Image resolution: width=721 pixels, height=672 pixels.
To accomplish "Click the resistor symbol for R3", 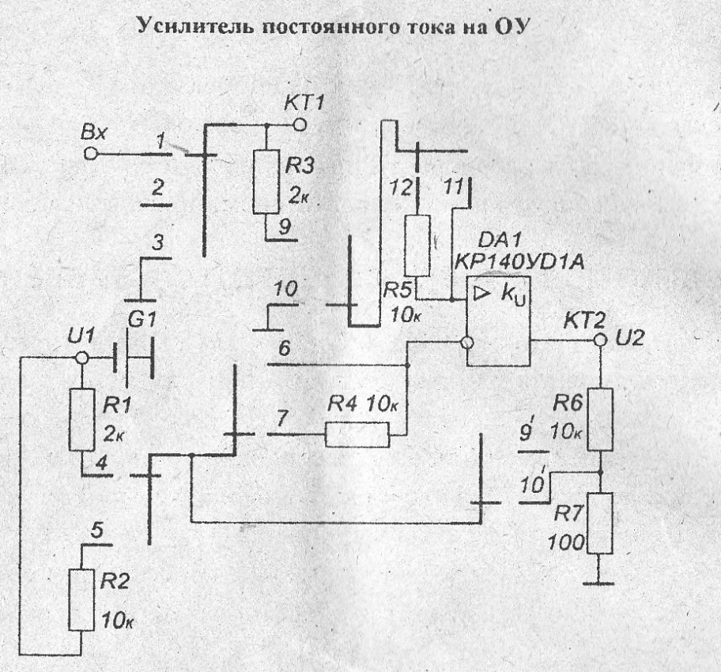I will [266, 182].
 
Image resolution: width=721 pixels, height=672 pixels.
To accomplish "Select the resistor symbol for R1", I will [82, 419].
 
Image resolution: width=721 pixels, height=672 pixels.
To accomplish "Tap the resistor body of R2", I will [82, 599].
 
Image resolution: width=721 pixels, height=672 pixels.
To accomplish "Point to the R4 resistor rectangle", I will [357, 434].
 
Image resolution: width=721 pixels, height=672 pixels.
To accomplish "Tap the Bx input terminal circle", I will [91, 153].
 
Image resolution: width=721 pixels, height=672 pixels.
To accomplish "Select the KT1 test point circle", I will [300, 125].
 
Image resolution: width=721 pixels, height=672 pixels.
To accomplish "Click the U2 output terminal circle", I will [600, 340].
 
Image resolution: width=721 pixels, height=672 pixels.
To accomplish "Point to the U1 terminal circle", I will [80, 358].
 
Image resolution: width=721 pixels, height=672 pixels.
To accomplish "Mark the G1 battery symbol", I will [131, 357].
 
